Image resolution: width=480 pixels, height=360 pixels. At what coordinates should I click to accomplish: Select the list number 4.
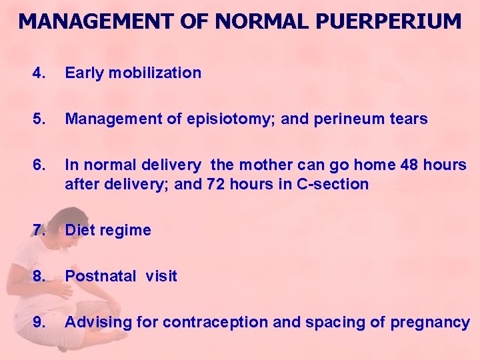(x=39, y=73)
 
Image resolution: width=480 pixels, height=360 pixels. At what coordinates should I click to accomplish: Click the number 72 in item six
(x=216, y=184)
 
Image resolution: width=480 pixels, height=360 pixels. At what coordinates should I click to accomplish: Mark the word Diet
(x=78, y=230)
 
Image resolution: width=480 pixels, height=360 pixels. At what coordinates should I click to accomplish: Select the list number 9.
(x=39, y=323)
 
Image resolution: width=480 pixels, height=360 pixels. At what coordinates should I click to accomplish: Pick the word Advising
(x=98, y=323)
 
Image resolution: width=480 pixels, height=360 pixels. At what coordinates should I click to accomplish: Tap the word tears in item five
(x=408, y=119)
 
